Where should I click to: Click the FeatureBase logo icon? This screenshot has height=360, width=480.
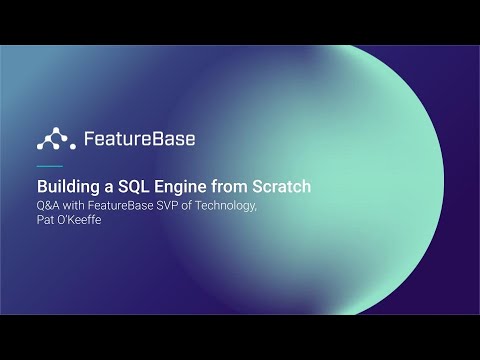click(52, 137)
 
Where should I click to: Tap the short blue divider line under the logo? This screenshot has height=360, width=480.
click(49, 165)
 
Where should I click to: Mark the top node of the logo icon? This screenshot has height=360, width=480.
click(52, 129)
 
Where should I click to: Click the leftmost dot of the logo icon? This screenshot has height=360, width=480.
click(39, 145)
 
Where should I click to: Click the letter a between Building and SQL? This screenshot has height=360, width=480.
click(105, 187)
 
